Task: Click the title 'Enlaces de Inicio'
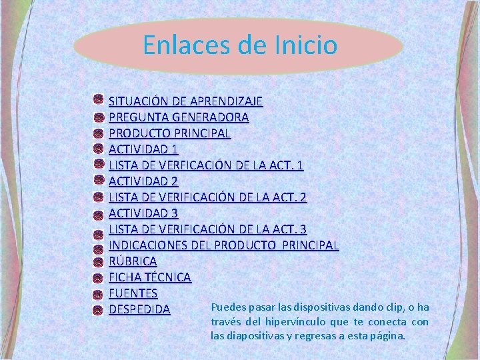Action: coord(240,45)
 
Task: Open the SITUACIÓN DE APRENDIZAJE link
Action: coord(185,101)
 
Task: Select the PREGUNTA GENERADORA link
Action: coord(179,117)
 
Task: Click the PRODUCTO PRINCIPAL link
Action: coord(169,133)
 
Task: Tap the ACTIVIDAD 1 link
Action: coord(143,149)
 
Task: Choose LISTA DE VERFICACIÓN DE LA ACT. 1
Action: coord(206,165)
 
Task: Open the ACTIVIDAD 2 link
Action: coord(143,181)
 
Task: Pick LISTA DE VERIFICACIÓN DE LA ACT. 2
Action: coord(207,197)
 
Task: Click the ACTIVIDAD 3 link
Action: coord(143,213)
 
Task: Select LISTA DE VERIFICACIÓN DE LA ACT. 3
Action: coord(207,229)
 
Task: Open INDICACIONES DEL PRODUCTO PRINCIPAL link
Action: coord(223,245)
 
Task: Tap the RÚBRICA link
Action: coord(133,261)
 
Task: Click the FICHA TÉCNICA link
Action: coord(150,277)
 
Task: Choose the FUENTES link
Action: coord(133,293)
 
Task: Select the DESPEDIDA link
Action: coord(139,310)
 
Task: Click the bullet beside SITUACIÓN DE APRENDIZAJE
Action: coord(98,101)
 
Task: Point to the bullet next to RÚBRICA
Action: coord(98,261)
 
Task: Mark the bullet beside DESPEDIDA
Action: coord(98,309)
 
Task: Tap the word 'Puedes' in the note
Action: coord(227,307)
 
